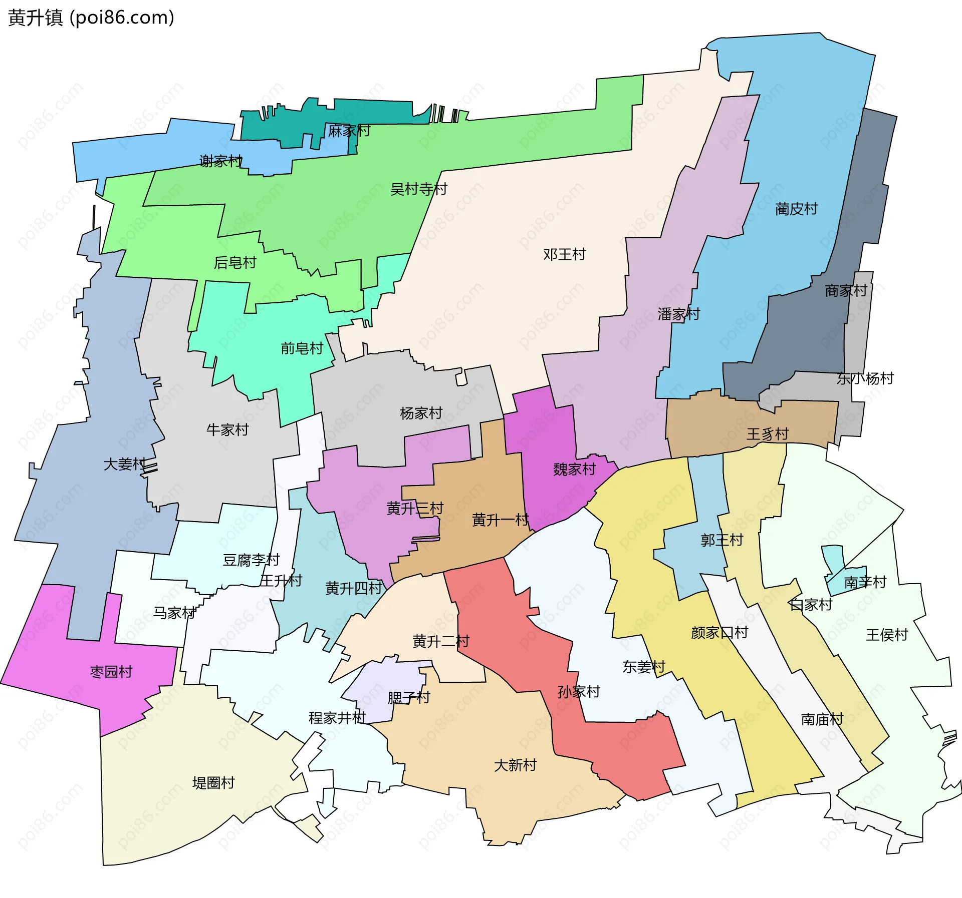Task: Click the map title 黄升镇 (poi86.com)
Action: pos(91,18)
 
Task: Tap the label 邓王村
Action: pos(564,254)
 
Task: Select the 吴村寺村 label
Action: pos(418,189)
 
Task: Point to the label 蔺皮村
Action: pos(796,209)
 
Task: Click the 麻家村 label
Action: pos(349,131)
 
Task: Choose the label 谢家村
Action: pos(220,161)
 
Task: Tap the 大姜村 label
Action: pos(125,464)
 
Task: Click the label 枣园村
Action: pos(111,672)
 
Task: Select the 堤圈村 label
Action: pos(213,783)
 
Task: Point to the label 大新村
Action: pos(515,765)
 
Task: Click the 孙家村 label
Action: pos(579,692)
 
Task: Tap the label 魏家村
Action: pos(574,469)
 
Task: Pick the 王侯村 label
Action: pos(887,635)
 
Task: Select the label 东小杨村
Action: pos(865,378)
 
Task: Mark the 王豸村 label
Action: pos(768,434)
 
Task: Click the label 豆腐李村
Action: pos(251,560)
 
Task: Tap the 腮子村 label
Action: pos(409,697)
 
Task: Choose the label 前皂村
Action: pos(302,348)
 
